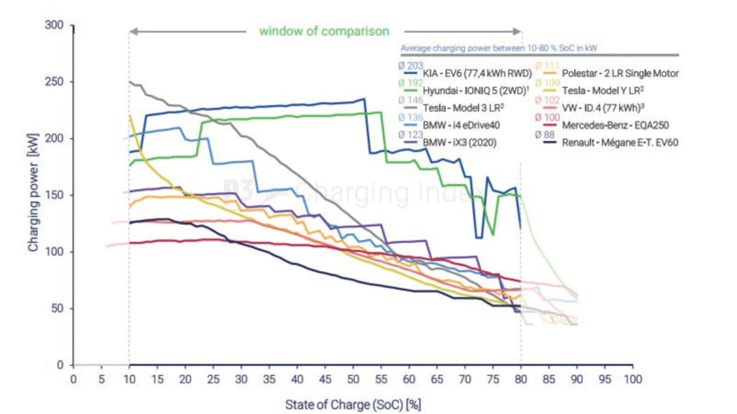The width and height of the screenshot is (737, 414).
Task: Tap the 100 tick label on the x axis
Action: click(632, 378)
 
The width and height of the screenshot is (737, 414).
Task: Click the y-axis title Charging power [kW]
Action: click(33, 195)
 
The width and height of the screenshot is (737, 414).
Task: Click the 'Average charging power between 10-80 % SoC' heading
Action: click(500, 48)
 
